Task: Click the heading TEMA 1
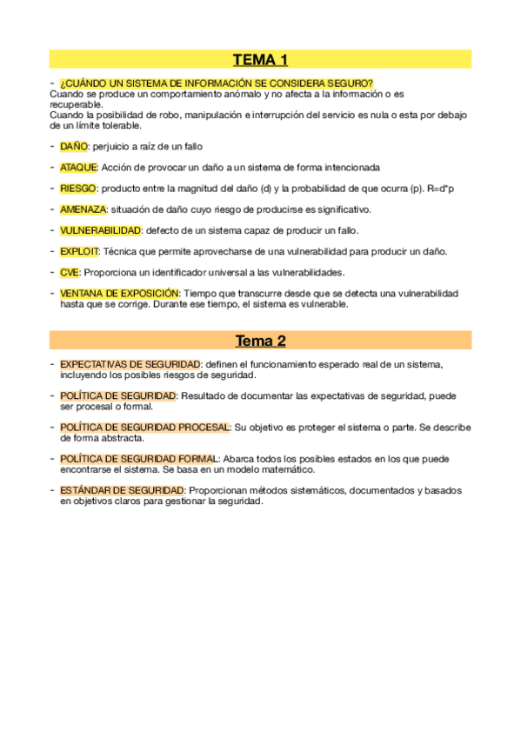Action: (x=260, y=60)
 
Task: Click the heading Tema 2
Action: (x=260, y=341)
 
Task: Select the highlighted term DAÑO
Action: (x=74, y=147)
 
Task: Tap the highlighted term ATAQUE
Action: (x=78, y=168)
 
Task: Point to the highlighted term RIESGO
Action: (x=78, y=189)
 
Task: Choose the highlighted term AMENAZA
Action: (x=83, y=209)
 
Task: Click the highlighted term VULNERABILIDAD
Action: (x=100, y=230)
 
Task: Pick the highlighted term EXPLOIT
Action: (x=79, y=251)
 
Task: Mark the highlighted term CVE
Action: (x=70, y=272)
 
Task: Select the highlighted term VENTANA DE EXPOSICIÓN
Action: (x=119, y=294)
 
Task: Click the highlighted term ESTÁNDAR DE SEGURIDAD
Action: (x=122, y=491)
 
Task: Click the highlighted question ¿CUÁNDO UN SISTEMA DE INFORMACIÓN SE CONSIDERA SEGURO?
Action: (x=217, y=83)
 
